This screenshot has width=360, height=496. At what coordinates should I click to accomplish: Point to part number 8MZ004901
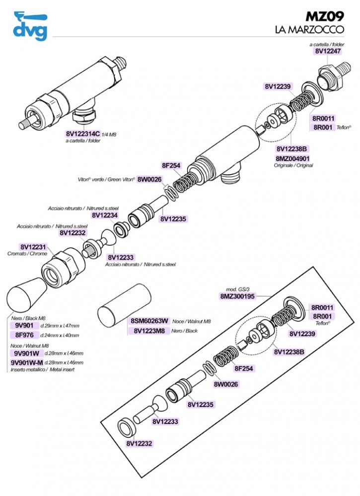pos(292,158)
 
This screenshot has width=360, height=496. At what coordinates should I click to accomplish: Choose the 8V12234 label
pos(105,215)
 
